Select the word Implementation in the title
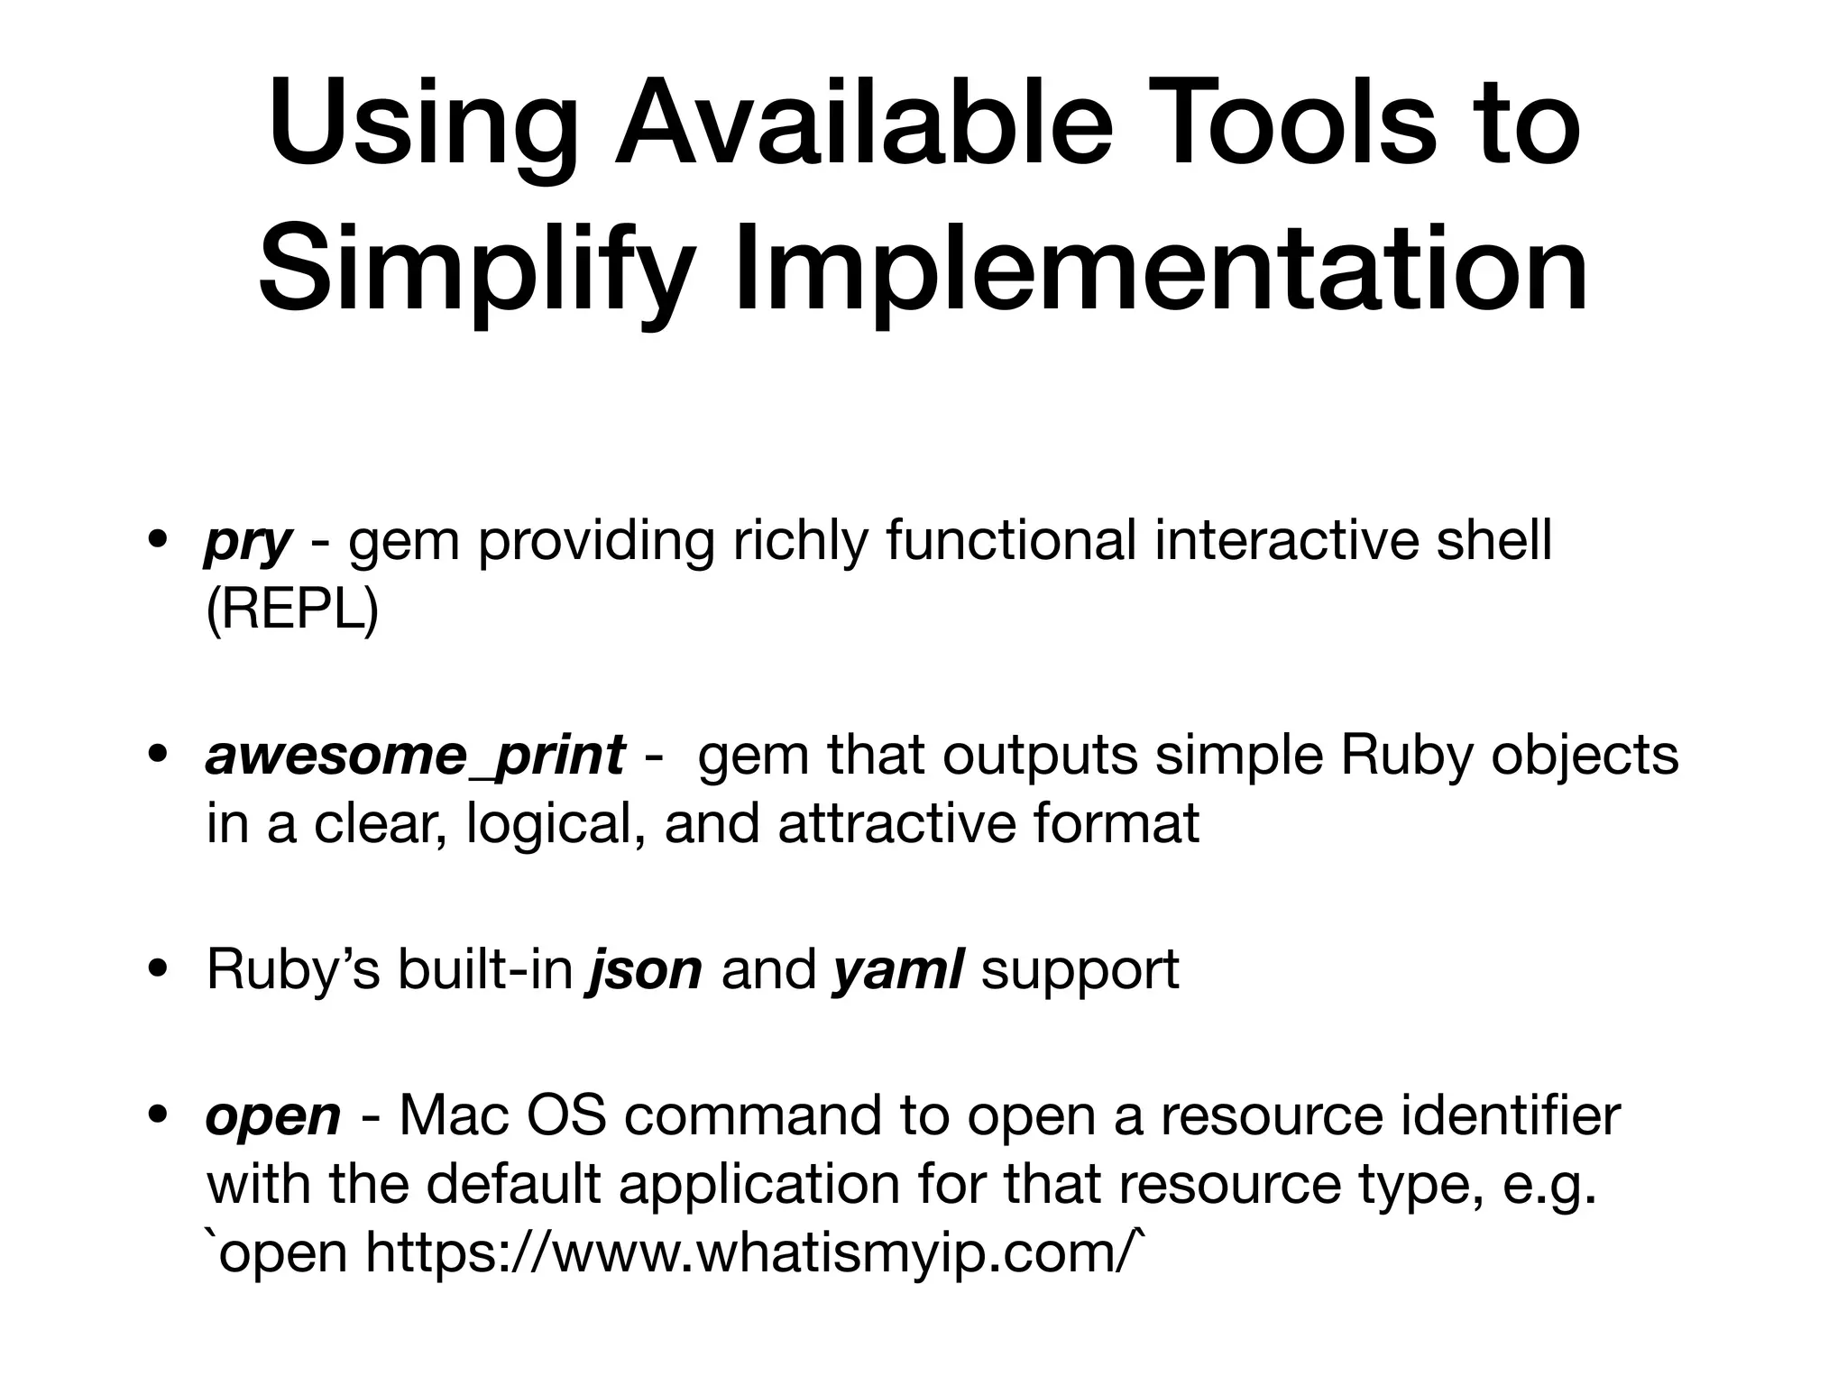[x=1160, y=271]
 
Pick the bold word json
[x=644, y=969]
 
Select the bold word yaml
[x=898, y=969]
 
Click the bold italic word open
[x=273, y=1115]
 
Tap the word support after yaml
[x=1080, y=971]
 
